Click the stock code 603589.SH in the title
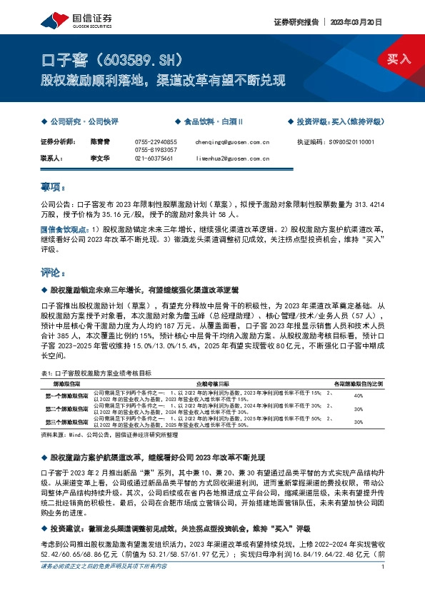153,58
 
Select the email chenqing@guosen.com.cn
232,142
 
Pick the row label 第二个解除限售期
67,409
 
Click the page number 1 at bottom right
384,587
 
